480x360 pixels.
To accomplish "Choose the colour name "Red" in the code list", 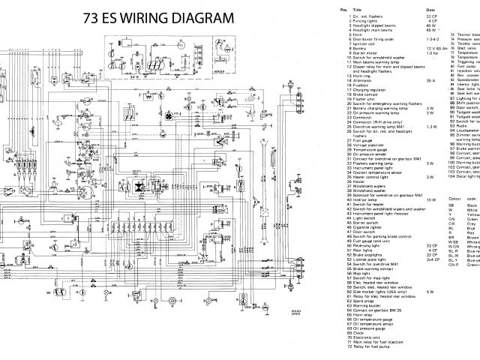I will click(x=469, y=232).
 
